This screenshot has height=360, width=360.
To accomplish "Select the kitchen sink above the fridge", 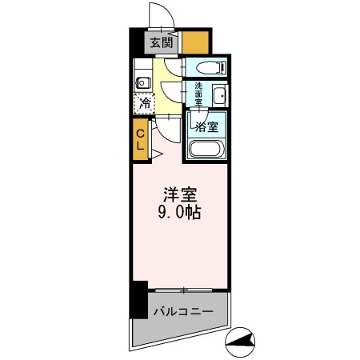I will pos(143,82).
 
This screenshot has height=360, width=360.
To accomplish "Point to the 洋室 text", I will pos(180,195).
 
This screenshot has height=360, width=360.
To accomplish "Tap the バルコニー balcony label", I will pos(181,309).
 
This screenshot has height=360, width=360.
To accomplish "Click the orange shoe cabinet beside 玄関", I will pos(196,42).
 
